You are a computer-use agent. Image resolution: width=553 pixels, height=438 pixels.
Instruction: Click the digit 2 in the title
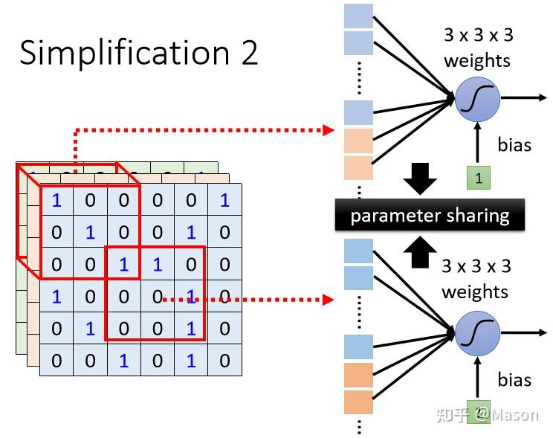click(x=250, y=52)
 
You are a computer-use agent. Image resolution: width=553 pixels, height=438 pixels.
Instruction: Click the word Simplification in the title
click(x=125, y=53)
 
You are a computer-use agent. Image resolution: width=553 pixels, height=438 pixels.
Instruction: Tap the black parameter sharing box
click(x=430, y=215)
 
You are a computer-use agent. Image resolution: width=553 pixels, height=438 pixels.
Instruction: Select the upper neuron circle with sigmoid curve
click(x=477, y=99)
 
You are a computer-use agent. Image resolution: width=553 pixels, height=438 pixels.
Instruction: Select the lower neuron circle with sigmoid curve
click(x=477, y=334)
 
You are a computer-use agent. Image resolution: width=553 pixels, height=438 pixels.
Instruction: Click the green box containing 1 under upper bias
click(x=479, y=178)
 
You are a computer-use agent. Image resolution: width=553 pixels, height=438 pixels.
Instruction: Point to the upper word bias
click(x=514, y=145)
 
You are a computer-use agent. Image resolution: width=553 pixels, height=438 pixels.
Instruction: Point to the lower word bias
click(x=514, y=380)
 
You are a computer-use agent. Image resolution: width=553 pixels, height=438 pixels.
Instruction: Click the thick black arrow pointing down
click(x=420, y=178)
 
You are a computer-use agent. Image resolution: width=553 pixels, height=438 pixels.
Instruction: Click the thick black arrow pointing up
click(x=420, y=252)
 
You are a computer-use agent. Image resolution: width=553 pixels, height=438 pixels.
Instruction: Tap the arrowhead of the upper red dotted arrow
click(x=329, y=130)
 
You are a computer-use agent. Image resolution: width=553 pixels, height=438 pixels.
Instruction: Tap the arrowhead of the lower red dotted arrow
click(x=329, y=300)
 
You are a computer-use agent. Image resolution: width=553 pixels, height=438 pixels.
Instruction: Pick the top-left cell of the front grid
click(x=56, y=199)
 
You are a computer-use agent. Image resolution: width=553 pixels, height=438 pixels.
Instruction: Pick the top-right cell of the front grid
click(x=225, y=199)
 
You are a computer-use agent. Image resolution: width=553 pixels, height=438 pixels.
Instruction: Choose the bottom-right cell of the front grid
click(x=225, y=361)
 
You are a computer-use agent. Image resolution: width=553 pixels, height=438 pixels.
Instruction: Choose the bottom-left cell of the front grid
click(x=56, y=361)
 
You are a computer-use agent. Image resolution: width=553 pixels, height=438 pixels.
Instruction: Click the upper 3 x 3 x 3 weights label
click(x=478, y=48)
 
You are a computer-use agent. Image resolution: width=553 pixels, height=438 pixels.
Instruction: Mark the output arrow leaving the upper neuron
click(x=524, y=97)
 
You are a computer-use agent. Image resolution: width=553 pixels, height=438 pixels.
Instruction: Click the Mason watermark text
click(x=515, y=415)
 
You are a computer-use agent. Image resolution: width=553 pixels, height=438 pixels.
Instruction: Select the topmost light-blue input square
click(x=358, y=16)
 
